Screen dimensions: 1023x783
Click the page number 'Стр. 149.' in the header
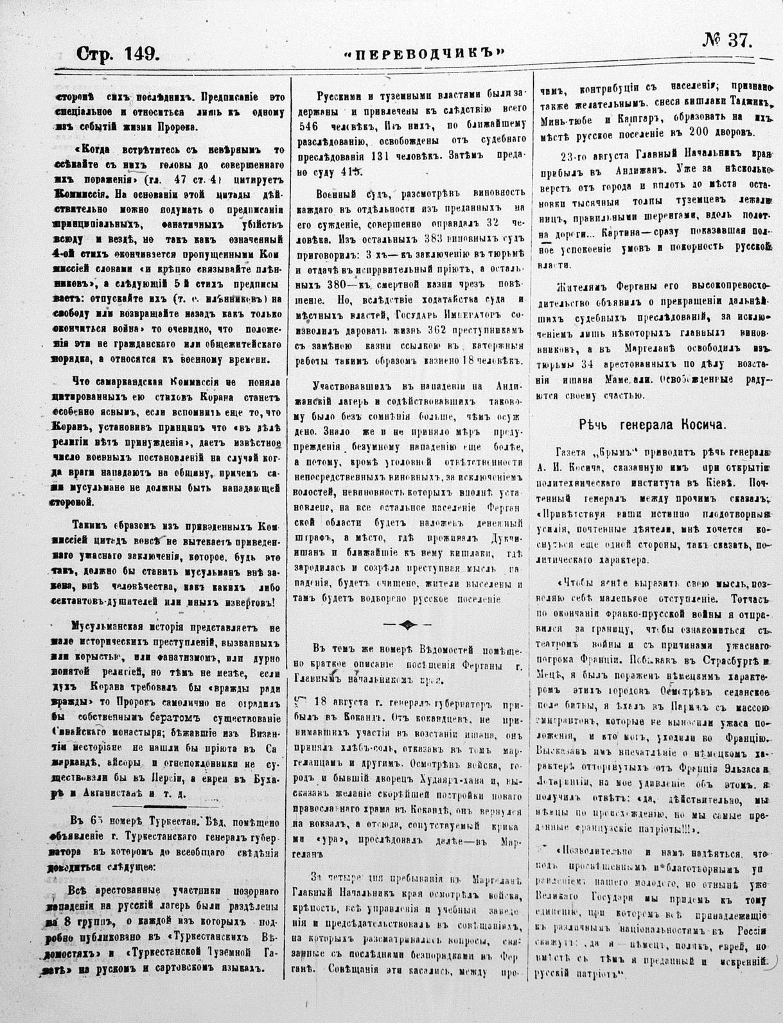click(118, 53)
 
